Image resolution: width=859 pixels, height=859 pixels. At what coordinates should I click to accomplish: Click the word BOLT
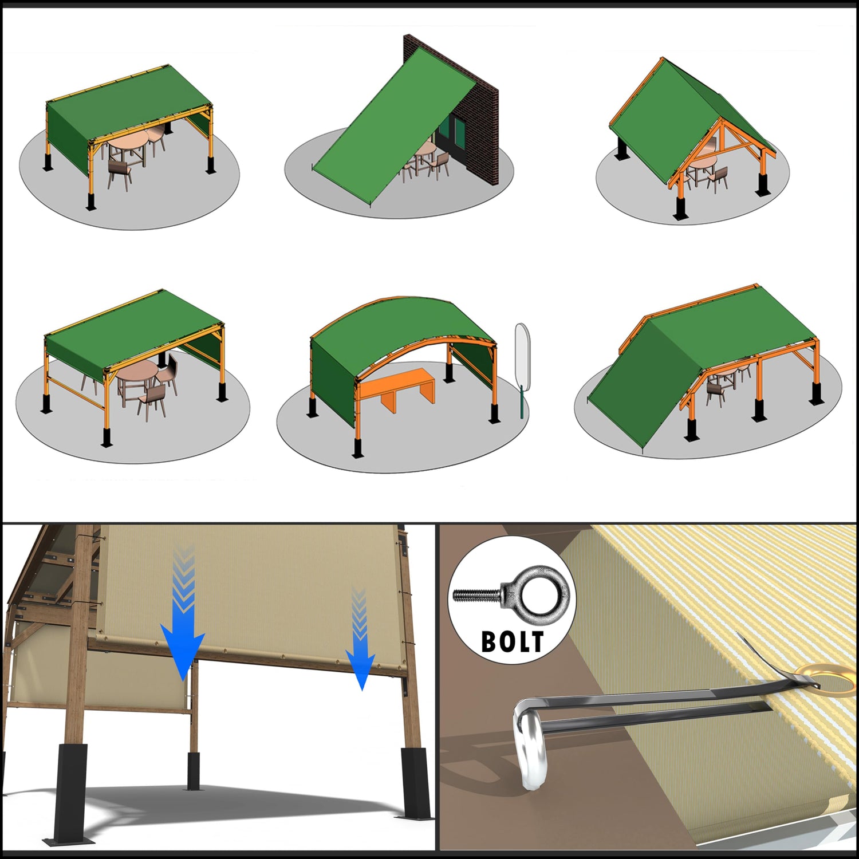click(x=512, y=642)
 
